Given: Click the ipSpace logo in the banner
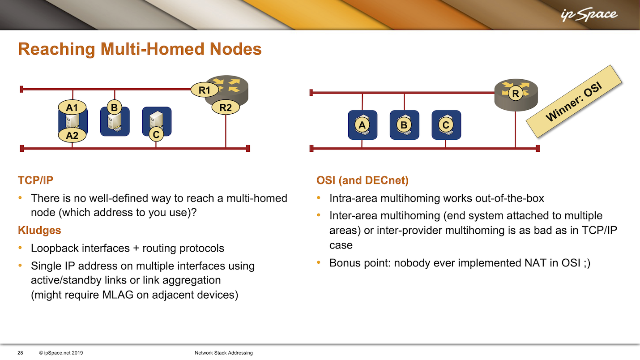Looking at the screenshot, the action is (x=589, y=15).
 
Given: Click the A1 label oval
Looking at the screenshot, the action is (x=73, y=107).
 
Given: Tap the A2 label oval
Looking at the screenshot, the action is (x=73, y=135).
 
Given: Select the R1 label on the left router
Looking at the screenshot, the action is (x=205, y=90).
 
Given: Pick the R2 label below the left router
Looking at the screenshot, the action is (x=226, y=107).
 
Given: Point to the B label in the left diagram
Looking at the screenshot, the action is (x=114, y=107).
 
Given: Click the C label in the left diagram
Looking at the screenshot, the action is (x=156, y=134).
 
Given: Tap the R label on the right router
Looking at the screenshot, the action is (x=516, y=94).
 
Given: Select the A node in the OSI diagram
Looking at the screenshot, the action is (x=363, y=125).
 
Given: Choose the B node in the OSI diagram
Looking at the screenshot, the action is (x=404, y=125).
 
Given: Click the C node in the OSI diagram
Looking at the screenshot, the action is (x=446, y=125).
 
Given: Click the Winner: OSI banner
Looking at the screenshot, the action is (x=574, y=102).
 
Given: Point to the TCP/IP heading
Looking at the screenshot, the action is (x=35, y=180).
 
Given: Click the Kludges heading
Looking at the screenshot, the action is (x=39, y=230).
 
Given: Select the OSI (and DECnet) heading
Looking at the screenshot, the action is (x=362, y=180).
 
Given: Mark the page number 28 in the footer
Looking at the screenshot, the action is (x=20, y=353).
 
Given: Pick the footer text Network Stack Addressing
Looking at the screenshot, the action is (x=224, y=353).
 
